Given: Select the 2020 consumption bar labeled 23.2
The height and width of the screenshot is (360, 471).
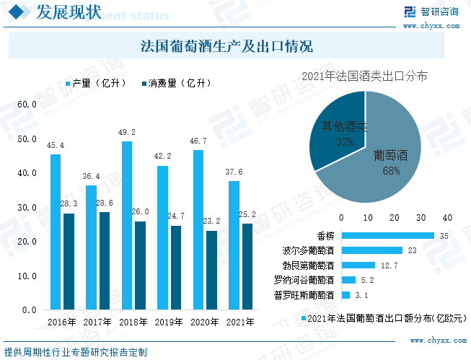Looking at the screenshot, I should [211, 270].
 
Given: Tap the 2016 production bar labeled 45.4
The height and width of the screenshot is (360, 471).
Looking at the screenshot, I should [56, 232].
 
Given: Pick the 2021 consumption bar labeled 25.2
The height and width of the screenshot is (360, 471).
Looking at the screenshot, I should [247, 266].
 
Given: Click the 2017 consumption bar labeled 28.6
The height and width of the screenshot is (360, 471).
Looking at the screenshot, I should [105, 260].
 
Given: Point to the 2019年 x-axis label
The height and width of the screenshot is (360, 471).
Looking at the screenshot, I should [168, 322].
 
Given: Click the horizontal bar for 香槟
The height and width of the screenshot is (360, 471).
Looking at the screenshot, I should [387, 235].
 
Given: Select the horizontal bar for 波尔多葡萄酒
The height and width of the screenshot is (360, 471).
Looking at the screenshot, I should [371, 250].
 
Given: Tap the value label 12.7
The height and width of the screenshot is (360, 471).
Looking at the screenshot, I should [389, 265].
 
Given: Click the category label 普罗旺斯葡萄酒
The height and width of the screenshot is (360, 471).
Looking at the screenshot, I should [304, 295].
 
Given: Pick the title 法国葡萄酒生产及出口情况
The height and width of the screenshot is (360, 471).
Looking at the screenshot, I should [226, 48].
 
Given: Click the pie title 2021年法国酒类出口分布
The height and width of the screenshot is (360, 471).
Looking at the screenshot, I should [364, 76].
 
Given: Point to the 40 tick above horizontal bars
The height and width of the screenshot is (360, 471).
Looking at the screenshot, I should [447, 218].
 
